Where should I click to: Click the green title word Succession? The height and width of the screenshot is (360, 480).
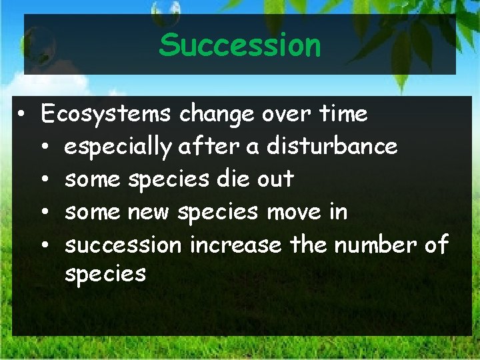(x=240, y=46)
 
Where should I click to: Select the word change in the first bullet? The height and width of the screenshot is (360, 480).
(x=217, y=115)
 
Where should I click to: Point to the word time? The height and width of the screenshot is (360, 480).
(x=343, y=115)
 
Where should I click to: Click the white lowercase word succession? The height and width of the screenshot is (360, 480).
(x=123, y=245)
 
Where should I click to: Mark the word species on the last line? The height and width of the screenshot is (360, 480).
(x=105, y=274)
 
